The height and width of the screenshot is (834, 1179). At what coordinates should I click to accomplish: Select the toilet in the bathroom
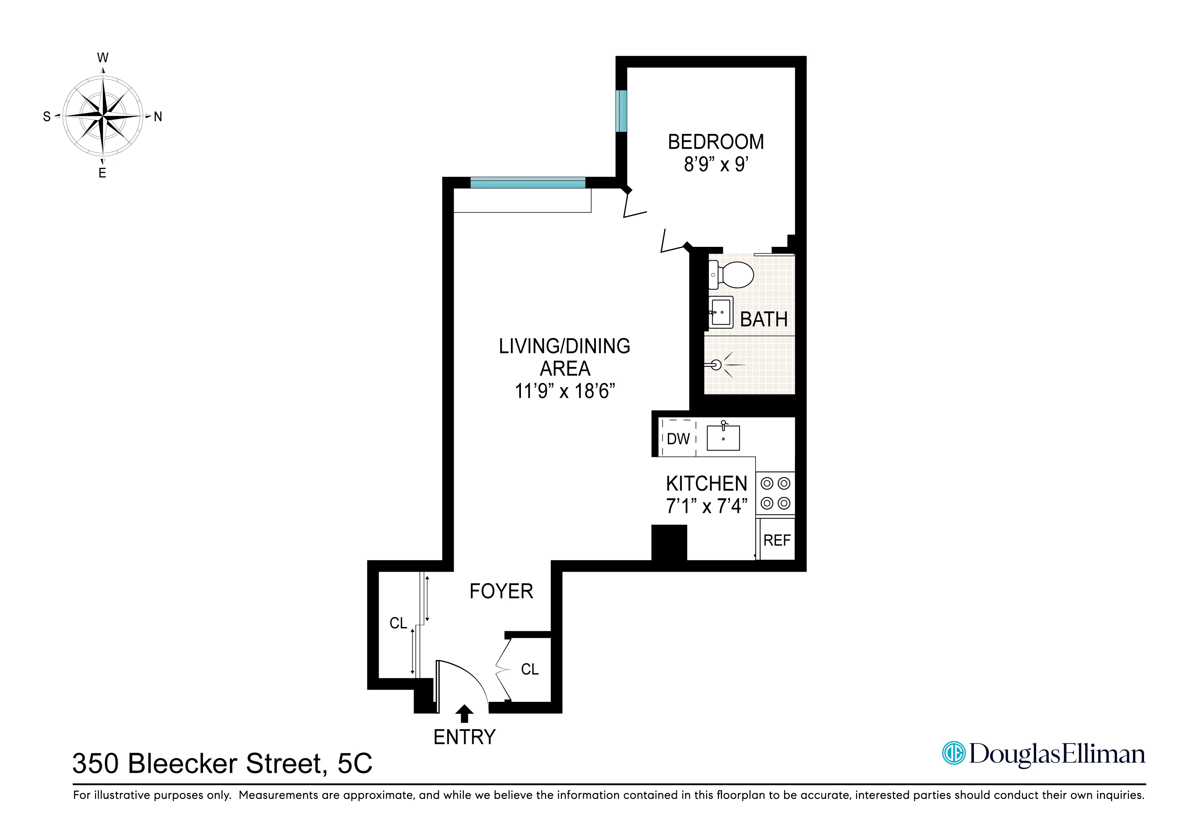point(732,275)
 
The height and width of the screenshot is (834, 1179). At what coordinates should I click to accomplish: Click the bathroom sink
point(721,312)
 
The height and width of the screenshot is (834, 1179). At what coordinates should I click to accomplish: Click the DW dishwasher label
point(678,439)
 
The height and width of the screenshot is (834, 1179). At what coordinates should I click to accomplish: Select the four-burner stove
point(775,493)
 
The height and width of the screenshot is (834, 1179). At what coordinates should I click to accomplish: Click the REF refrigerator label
point(777,540)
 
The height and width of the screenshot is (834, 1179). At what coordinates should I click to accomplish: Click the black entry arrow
point(465,713)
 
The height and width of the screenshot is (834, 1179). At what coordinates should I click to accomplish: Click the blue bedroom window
point(621,111)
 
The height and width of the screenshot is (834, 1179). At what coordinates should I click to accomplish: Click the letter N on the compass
point(158,117)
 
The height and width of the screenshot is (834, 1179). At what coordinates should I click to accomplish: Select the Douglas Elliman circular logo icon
point(953,753)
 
